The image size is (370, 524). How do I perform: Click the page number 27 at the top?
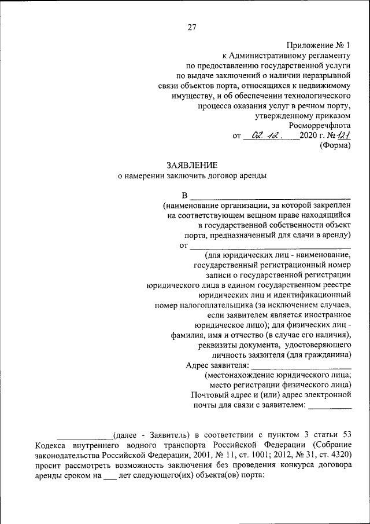tap(192, 27)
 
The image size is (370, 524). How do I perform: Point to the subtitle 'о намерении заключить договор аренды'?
tap(192, 177)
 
